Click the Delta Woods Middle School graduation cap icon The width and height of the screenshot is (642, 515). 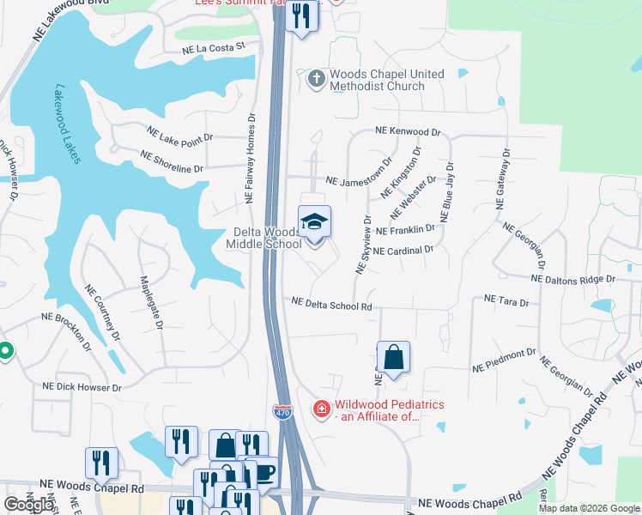pyautogui.click(x=315, y=223)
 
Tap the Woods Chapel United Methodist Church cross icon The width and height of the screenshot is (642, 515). pyautogui.click(x=316, y=80)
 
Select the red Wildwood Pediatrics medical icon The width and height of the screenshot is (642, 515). pyautogui.click(x=322, y=409)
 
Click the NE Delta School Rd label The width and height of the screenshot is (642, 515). pyautogui.click(x=331, y=304)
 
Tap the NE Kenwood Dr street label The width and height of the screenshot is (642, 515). pyautogui.click(x=407, y=132)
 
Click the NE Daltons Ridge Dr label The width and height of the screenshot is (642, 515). pyautogui.click(x=573, y=279)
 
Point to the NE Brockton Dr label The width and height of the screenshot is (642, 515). pyautogui.click(x=65, y=331)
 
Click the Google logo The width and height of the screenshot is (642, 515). pyautogui.click(x=28, y=505)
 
